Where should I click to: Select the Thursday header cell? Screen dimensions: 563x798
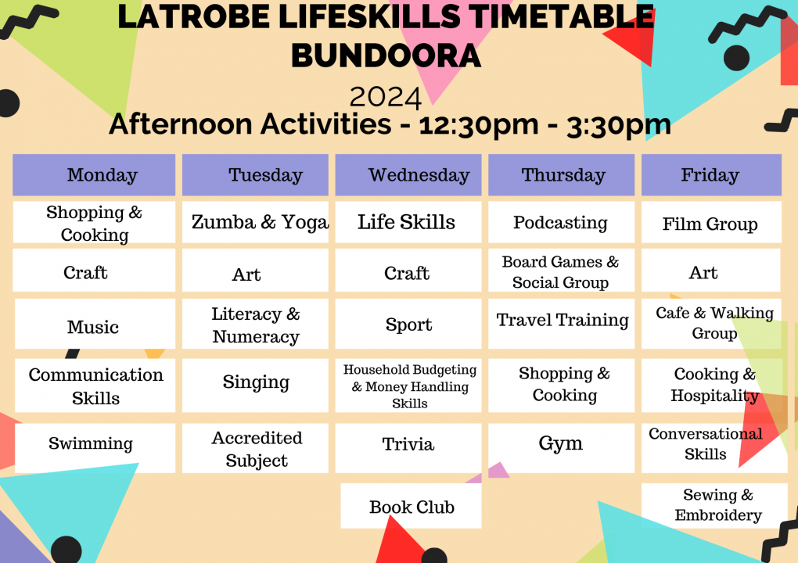click(562, 175)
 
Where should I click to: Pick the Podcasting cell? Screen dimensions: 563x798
click(560, 223)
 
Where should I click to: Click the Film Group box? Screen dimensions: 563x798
click(710, 224)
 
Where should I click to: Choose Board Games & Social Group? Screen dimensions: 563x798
click(560, 271)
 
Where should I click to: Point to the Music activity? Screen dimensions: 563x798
click(94, 326)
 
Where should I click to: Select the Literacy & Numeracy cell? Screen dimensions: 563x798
click(256, 325)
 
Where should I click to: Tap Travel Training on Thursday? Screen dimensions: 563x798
click(562, 321)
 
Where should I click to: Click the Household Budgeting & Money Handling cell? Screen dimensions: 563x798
click(409, 386)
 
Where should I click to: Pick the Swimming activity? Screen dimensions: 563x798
click(92, 444)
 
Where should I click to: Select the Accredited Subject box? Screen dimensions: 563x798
click(256, 449)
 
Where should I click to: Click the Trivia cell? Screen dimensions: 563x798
click(408, 445)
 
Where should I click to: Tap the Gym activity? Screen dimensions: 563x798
click(560, 444)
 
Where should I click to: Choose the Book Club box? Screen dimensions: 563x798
click(412, 507)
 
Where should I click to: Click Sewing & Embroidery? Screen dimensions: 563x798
click(717, 505)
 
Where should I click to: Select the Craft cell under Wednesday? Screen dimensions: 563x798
click(408, 273)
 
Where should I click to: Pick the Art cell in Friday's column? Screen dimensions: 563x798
click(703, 272)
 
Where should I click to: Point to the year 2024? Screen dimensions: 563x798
click(386, 97)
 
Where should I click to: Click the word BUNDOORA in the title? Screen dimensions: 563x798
click(386, 56)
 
